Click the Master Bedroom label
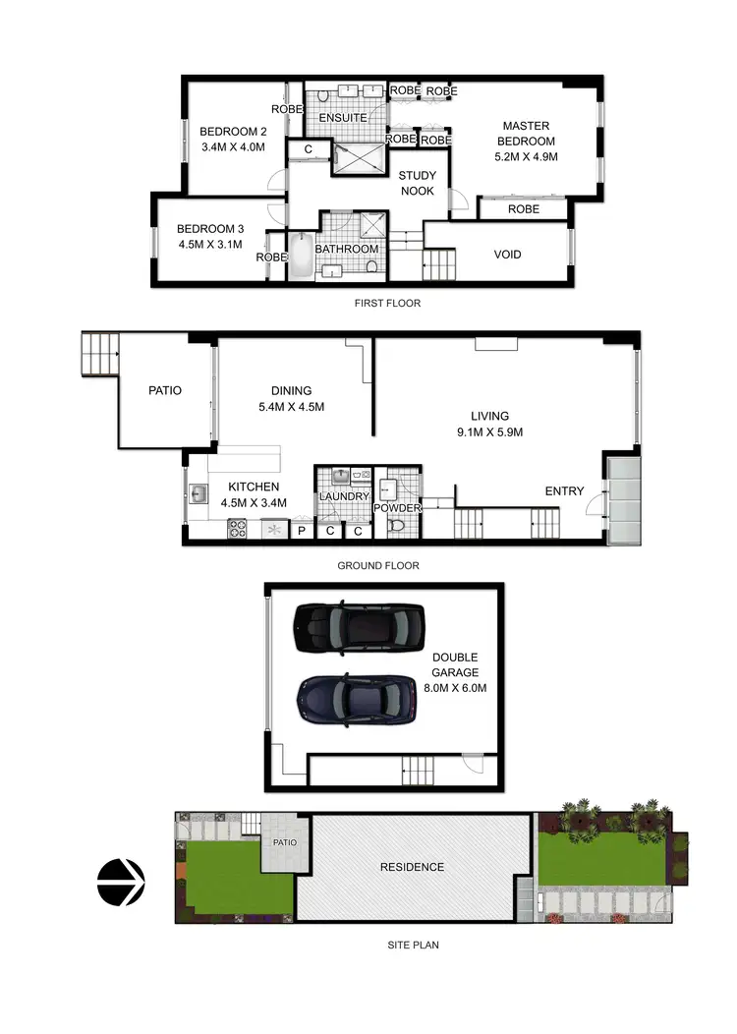point(526,133)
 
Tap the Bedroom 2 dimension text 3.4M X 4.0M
point(233,148)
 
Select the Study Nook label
point(417,183)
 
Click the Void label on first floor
point(507,255)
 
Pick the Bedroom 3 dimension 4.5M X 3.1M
point(211,246)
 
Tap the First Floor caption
point(387,304)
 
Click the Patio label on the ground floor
point(165,390)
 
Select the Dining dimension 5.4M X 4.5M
point(291,407)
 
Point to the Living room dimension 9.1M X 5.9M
point(488,432)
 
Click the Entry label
point(564,491)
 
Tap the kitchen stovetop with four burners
point(238,529)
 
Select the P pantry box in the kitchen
point(302,532)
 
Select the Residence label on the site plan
point(413,867)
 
